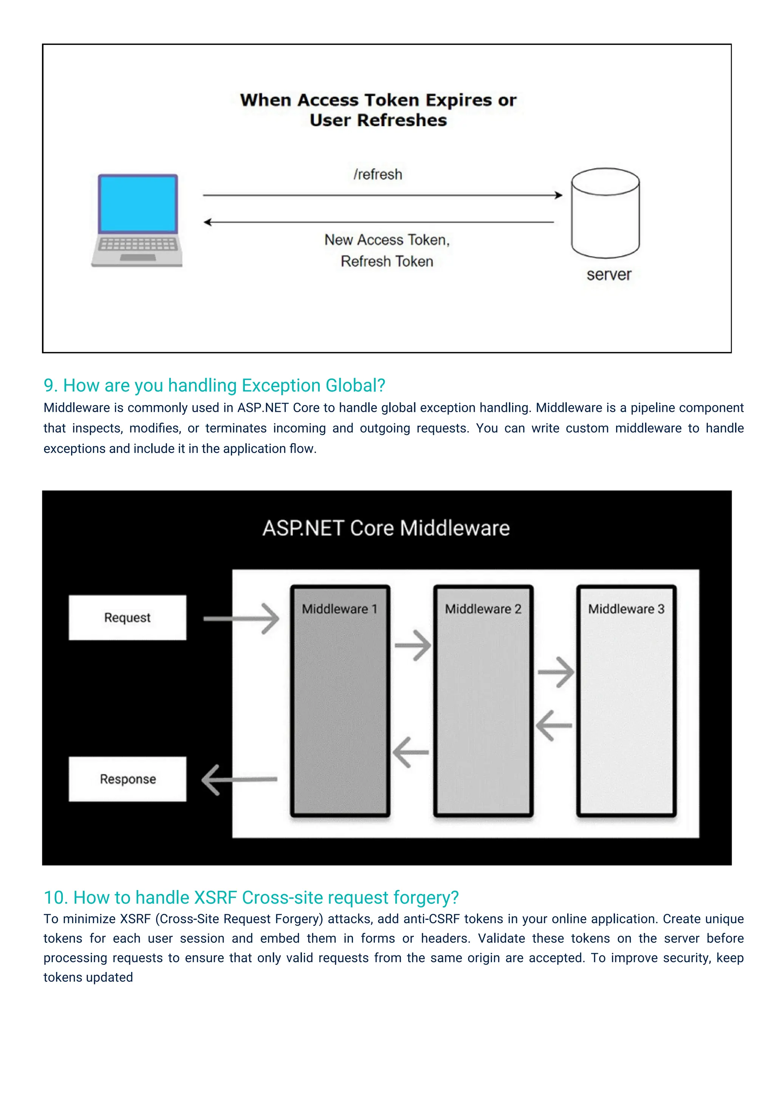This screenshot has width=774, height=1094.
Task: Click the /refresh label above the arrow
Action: (378, 175)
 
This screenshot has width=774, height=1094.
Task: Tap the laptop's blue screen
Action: (138, 204)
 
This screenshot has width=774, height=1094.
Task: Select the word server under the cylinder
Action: (608, 275)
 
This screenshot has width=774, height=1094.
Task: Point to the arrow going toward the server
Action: (381, 195)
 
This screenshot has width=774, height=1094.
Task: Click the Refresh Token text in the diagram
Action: (387, 261)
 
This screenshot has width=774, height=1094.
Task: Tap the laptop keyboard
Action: (138, 244)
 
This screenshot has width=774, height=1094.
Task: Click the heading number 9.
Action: (50, 385)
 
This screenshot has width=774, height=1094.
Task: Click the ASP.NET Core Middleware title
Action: (386, 528)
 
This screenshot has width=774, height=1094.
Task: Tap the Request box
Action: (127, 618)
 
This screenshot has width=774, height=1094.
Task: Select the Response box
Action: (127, 779)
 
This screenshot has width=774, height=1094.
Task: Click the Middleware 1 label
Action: (339, 609)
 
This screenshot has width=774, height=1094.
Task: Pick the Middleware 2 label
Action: (483, 609)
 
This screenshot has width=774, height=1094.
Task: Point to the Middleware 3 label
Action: (626, 609)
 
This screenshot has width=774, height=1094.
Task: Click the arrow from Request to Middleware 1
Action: (241, 619)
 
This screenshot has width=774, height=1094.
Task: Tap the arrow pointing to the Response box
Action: (238, 780)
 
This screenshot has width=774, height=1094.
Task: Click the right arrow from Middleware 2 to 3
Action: (556, 672)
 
